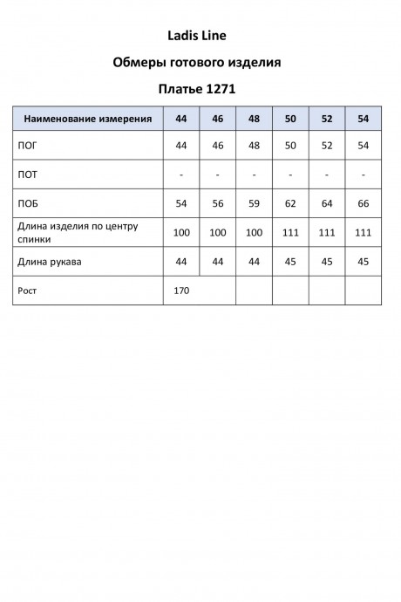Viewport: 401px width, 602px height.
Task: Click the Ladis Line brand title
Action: [200, 36]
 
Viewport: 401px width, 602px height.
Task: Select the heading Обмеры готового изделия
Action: [200, 62]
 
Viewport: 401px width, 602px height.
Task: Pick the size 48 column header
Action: [254, 118]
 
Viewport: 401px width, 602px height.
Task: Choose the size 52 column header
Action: [327, 118]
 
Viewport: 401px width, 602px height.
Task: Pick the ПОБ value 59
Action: [254, 202]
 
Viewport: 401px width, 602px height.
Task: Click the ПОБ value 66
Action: [364, 202]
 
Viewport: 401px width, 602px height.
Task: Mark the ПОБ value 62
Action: [290, 202]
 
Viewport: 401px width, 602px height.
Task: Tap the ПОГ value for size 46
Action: [218, 145]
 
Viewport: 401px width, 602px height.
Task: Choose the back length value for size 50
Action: [290, 233]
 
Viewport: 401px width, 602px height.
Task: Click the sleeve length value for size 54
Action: [364, 261]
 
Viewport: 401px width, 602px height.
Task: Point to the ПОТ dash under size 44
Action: [181, 174]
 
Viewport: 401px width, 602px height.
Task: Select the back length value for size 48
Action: [254, 233]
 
